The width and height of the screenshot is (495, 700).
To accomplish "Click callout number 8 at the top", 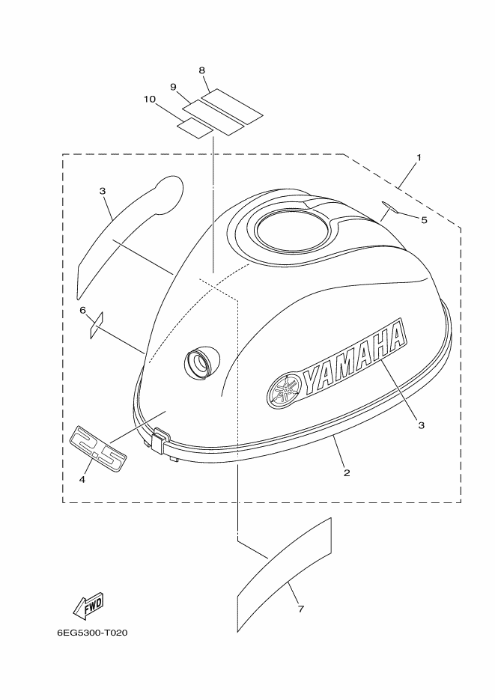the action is tap(201, 70).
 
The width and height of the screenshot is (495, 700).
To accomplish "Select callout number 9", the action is tap(173, 87).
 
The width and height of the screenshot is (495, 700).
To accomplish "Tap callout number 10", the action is tap(150, 99).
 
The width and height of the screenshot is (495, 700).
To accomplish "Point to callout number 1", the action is tap(419, 157).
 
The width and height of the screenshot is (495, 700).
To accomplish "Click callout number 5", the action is tap(424, 219).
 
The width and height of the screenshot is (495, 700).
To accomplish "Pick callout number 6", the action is tap(82, 310).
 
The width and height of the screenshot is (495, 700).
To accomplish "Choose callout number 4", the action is tap(82, 479).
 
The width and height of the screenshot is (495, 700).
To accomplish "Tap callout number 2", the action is tap(347, 472).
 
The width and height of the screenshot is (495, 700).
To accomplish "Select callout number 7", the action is tap(301, 609).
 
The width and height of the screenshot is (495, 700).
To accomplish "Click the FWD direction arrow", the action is tap(88, 606).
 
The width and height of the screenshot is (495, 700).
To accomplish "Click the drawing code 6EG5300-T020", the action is tap(92, 633).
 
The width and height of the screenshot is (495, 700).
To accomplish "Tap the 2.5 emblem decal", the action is tap(99, 447).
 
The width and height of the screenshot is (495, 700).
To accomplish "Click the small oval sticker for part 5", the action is tap(391, 207).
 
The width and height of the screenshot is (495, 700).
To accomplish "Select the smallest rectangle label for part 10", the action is tap(195, 128).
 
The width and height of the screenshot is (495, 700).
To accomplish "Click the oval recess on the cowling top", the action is tap(293, 231).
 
